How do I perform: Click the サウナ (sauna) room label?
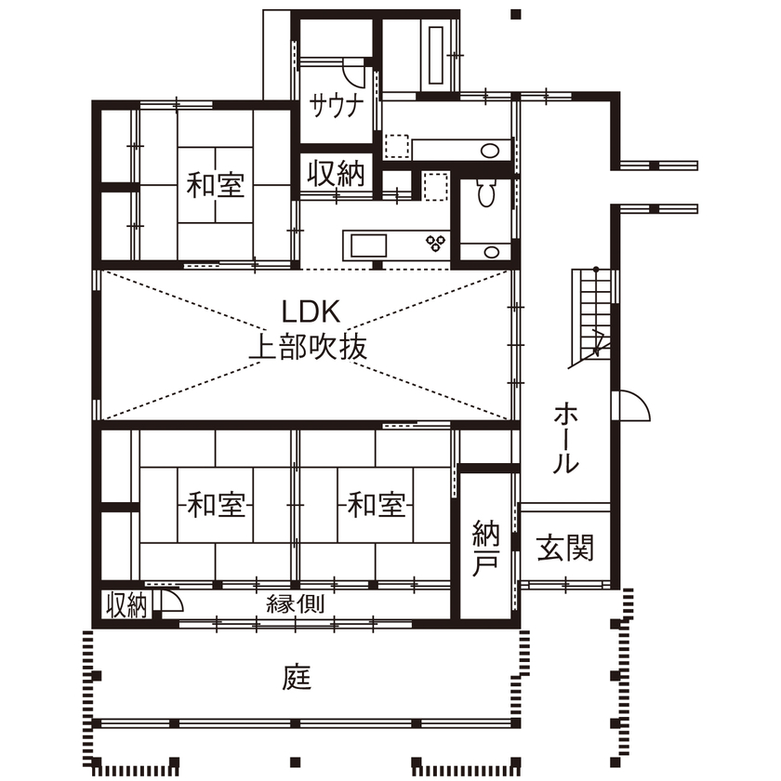click(x=335, y=103)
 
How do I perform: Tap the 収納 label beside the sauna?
click(x=337, y=174)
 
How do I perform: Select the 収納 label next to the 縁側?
click(x=126, y=605)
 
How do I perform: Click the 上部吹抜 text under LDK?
click(x=308, y=347)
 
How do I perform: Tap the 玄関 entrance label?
click(x=564, y=549)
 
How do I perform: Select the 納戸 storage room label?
click(x=485, y=549)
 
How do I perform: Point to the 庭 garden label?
click(x=297, y=678)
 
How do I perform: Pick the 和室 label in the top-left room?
click(x=215, y=185)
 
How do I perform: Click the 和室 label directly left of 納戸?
click(x=377, y=506)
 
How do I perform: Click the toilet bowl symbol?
click(x=484, y=192)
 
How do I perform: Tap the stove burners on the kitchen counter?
click(x=435, y=245)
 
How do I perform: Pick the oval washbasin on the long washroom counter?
click(x=489, y=151)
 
